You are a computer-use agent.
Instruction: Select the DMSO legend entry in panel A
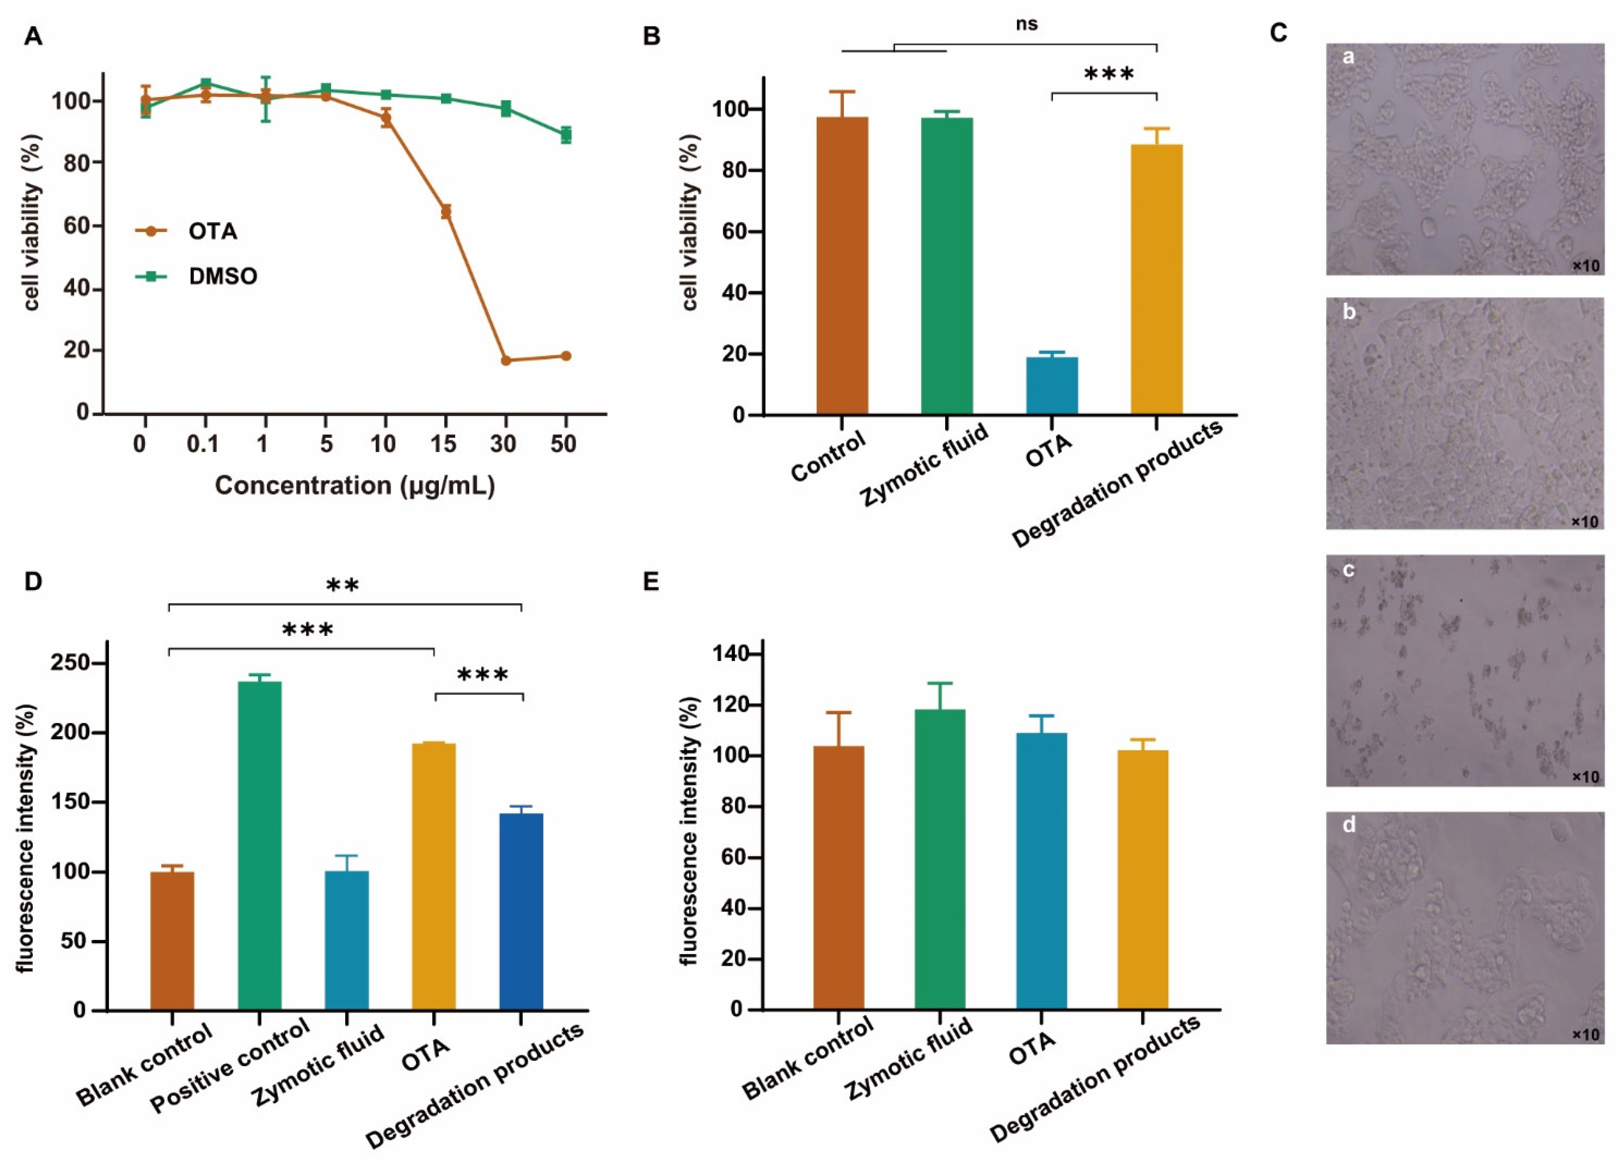222,276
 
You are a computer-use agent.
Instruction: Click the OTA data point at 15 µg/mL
446,211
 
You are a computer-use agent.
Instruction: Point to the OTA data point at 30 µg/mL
506,361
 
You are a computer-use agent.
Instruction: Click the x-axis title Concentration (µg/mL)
355,486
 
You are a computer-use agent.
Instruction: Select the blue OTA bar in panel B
1051,386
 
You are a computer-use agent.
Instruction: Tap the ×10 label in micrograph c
1584,776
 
